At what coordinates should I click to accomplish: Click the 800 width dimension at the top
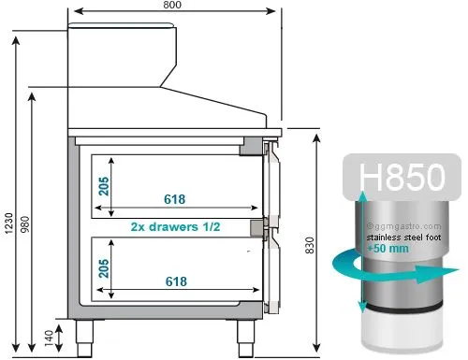[x=172, y=5]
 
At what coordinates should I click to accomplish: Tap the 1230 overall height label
[x=8, y=223]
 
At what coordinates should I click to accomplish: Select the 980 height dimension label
[x=24, y=224]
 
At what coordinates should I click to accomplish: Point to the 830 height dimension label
[x=309, y=245]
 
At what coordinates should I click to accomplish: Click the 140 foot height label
[x=49, y=338]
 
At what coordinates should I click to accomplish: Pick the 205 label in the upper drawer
[x=104, y=186]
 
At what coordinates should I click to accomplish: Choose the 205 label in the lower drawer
[x=104, y=268]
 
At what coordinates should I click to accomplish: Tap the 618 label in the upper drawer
[x=175, y=199]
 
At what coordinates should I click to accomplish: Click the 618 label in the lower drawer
[x=176, y=281]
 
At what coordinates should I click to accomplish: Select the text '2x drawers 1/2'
[x=175, y=226]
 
